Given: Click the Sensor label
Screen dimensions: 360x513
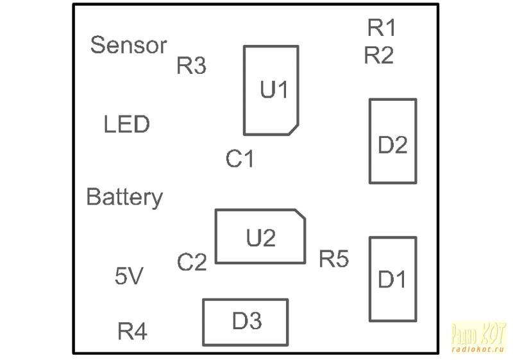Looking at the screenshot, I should [128, 46].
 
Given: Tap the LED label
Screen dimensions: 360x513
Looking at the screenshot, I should [126, 124].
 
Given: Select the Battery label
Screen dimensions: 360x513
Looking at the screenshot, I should [124, 198].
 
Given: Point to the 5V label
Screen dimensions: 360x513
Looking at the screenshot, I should [128, 277].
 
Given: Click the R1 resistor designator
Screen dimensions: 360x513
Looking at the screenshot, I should [382, 28].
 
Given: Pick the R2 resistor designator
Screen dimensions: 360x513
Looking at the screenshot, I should [379, 56].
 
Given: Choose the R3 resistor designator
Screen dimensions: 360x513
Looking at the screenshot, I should [191, 66].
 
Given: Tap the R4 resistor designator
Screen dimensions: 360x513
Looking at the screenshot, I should [133, 332].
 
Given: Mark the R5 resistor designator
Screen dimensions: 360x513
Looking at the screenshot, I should [334, 259].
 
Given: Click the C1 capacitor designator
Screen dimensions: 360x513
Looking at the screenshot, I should [240, 159].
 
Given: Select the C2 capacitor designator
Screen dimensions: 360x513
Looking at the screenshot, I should [192, 262].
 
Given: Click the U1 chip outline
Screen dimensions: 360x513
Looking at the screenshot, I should [271, 90].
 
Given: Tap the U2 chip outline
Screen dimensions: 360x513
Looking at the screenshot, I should [260, 236].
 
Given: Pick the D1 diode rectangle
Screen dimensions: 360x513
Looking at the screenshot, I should [392, 279].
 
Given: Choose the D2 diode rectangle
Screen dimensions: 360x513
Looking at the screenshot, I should [392, 141].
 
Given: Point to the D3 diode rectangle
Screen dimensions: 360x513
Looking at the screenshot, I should [246, 321].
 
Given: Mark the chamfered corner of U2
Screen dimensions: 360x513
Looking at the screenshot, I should [299, 214].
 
